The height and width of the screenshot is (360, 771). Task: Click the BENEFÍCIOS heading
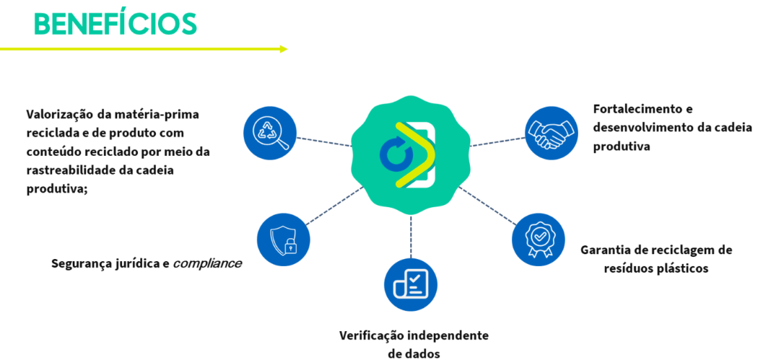coord(116,23)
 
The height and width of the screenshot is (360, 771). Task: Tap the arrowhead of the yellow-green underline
coord(284,49)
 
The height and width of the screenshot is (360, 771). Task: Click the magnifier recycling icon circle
coord(271,133)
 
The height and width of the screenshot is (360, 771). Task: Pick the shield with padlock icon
coord(283,240)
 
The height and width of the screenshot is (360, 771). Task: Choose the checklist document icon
coord(410,285)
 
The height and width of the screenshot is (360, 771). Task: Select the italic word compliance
coord(206,263)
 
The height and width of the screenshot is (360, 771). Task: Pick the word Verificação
coord(372,335)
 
